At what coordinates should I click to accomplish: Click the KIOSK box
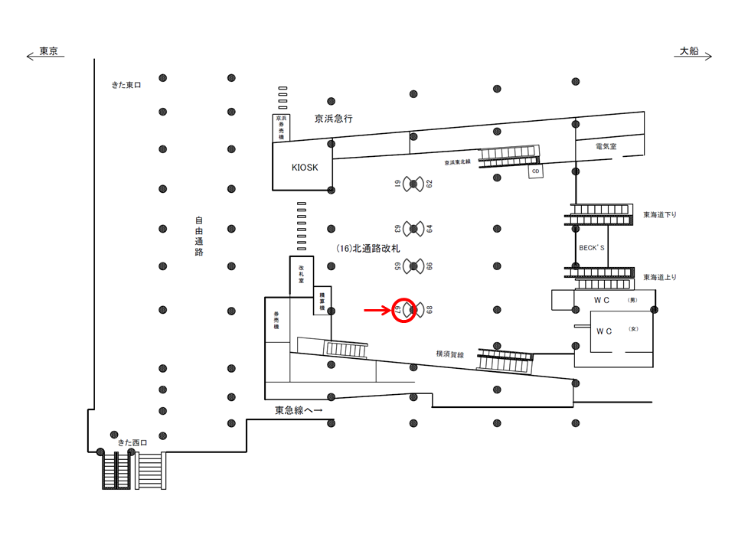tap(304, 167)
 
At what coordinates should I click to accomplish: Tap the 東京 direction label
tap(47, 53)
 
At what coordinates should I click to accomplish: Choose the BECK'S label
tap(592, 248)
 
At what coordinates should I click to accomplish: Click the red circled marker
tap(405, 310)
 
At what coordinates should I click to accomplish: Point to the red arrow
tap(376, 310)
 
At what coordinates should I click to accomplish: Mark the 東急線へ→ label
tap(299, 411)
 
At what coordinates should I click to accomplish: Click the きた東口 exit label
tap(126, 84)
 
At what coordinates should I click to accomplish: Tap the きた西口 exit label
tap(132, 443)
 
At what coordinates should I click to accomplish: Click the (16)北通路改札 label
tap(368, 249)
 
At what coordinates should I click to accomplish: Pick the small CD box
tap(536, 172)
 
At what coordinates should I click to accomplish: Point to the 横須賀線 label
tap(450, 354)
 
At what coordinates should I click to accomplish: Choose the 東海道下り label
tap(659, 215)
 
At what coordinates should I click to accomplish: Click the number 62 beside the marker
tap(430, 183)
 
